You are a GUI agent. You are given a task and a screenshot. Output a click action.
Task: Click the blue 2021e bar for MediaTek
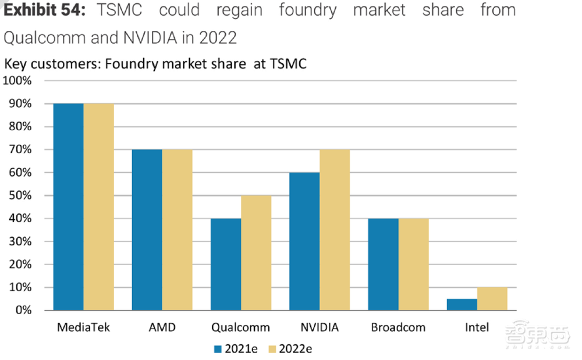69,206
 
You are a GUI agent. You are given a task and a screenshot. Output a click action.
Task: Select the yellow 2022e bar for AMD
178,230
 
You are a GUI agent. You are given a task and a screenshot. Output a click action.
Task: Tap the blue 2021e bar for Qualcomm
226,264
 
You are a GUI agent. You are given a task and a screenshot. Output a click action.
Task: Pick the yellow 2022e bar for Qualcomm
256,252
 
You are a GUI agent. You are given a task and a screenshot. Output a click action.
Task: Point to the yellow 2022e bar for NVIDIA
335,230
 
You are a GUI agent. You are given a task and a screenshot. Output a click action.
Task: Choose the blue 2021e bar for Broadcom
383,264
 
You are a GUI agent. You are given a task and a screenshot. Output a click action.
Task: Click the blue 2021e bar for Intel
462,304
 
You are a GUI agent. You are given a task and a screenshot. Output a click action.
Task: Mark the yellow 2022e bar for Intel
492,298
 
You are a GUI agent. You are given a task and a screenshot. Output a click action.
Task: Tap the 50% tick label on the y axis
20,195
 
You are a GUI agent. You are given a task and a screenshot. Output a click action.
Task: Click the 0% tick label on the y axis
23,311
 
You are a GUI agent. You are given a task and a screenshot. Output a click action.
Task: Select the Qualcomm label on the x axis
241,327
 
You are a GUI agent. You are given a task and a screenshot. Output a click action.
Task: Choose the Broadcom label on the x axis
398,327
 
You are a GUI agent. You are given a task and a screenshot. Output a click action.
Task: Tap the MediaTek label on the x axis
83,327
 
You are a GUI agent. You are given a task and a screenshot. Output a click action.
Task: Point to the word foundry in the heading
308,10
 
